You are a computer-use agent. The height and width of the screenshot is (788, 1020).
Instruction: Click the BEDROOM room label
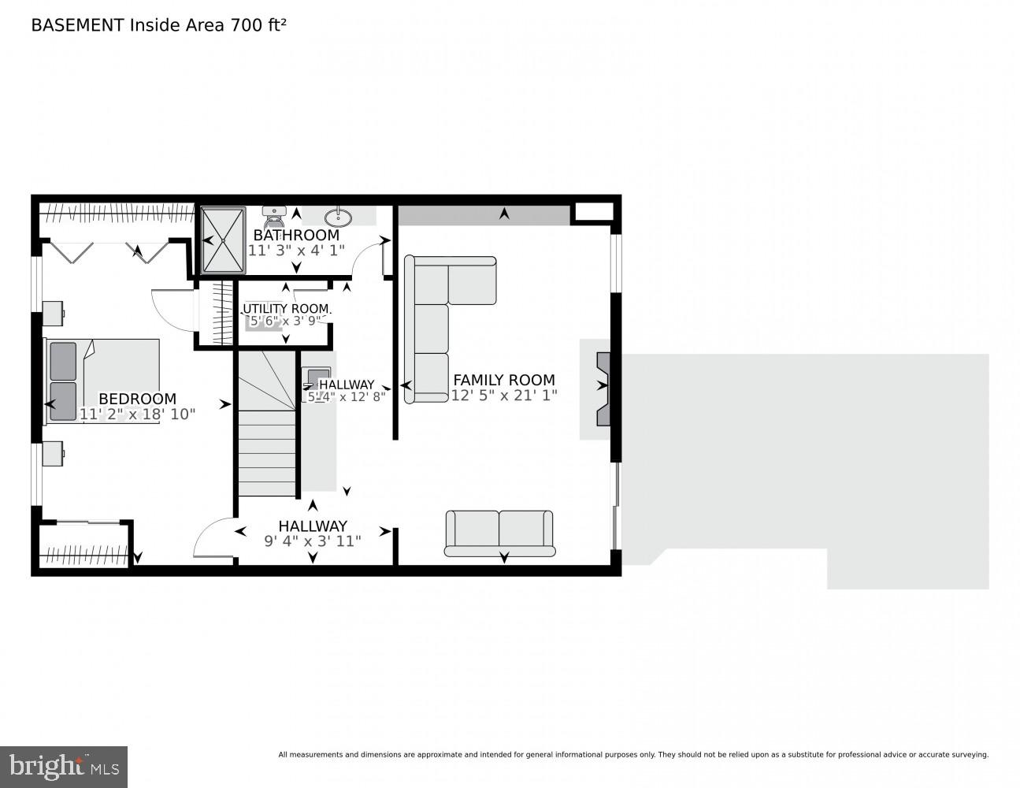click(137, 399)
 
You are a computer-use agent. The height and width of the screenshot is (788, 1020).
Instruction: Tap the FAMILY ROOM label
click(504, 380)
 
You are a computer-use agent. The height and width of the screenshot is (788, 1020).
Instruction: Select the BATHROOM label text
click(296, 235)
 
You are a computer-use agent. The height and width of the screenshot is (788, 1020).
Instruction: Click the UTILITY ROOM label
click(285, 308)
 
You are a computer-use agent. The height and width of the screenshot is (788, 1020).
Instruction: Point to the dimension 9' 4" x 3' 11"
click(312, 541)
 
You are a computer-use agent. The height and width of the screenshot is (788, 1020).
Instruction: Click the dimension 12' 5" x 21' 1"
click(504, 396)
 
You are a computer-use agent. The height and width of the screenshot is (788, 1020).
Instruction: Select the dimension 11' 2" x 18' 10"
click(137, 414)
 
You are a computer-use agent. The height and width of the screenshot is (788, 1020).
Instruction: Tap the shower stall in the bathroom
click(222, 240)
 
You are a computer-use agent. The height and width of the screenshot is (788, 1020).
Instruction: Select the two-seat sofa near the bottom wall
click(499, 533)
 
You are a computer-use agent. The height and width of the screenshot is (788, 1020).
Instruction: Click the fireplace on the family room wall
click(602, 388)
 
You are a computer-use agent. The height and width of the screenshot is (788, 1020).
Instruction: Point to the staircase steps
click(266, 457)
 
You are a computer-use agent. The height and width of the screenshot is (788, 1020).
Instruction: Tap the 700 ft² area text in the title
click(257, 24)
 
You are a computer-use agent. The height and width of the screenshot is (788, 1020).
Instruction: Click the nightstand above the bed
click(54, 313)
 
